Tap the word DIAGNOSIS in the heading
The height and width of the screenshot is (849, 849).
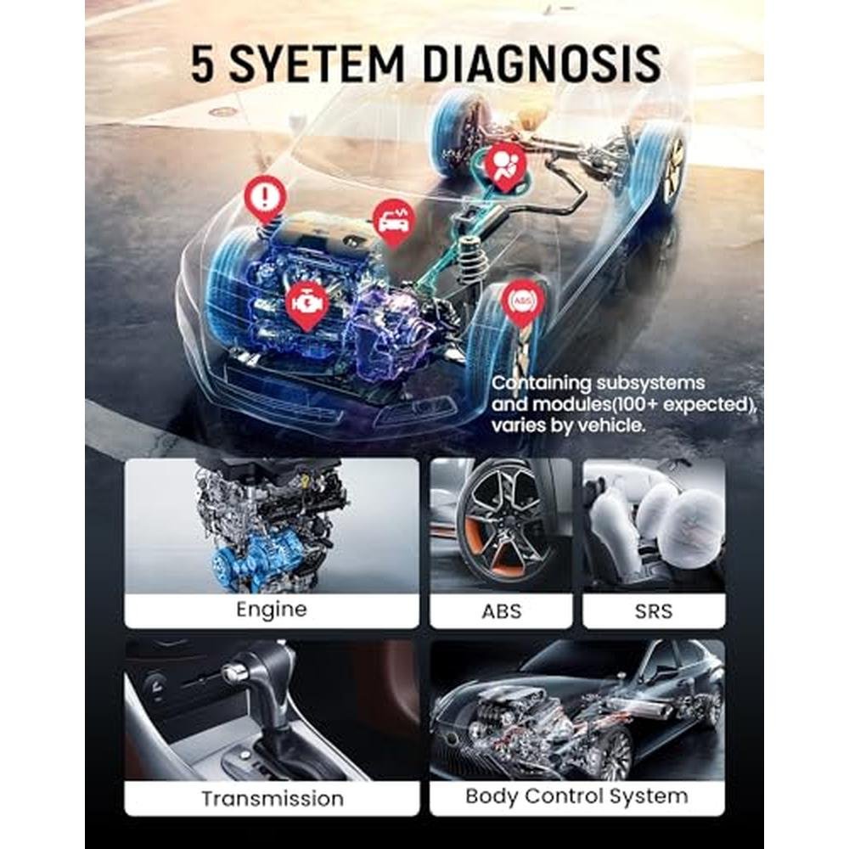tap(541, 64)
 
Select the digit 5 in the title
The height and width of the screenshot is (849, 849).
tap(203, 64)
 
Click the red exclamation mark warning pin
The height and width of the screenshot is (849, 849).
tap(265, 200)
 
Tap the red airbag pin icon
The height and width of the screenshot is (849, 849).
tap(505, 166)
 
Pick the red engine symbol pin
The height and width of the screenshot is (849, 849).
tap(307, 305)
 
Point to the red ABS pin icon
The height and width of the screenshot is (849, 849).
tap(522, 302)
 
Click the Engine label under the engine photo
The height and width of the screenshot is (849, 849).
tap(272, 610)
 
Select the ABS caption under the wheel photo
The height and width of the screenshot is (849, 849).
tap(502, 611)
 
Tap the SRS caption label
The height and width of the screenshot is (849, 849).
tap(654, 611)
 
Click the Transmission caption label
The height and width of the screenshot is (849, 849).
tap(273, 799)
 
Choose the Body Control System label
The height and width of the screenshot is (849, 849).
tap(576, 796)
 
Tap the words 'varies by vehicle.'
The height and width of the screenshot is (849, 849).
tap(569, 425)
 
